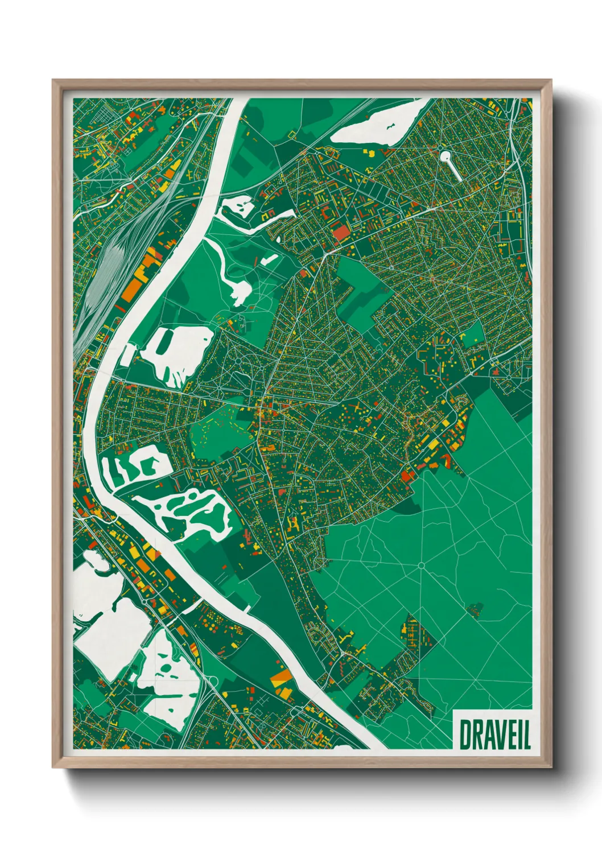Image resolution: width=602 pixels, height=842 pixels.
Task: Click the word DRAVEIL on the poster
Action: point(494,734)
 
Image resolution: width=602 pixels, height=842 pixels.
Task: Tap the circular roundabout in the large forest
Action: point(421,565)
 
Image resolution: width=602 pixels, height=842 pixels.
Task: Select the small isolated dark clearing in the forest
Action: point(475,610)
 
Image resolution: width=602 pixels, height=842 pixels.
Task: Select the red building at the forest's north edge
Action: point(406,475)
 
